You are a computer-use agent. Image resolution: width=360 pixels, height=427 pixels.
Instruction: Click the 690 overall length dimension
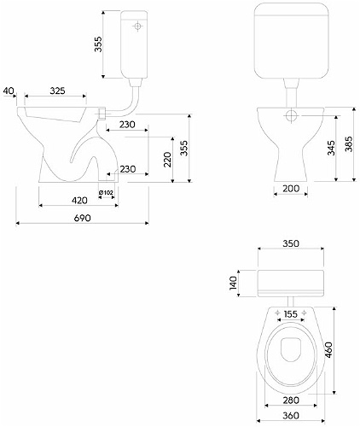(83, 218)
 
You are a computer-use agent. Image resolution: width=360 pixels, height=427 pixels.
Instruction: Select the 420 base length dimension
(79, 201)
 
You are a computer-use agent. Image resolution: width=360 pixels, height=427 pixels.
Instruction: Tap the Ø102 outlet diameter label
(106, 193)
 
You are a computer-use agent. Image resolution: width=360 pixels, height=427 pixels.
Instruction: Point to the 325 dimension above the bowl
(57, 91)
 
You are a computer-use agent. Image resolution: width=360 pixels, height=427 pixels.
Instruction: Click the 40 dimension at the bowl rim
(9, 91)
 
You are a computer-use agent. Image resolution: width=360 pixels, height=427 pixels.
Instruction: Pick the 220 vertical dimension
(168, 160)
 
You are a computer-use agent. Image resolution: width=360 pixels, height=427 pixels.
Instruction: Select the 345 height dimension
(331, 148)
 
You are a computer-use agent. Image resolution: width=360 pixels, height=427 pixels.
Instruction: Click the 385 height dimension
(349, 143)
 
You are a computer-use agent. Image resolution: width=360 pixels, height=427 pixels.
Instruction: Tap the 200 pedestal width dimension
(291, 189)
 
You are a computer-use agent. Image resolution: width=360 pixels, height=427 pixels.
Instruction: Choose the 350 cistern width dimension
(291, 243)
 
